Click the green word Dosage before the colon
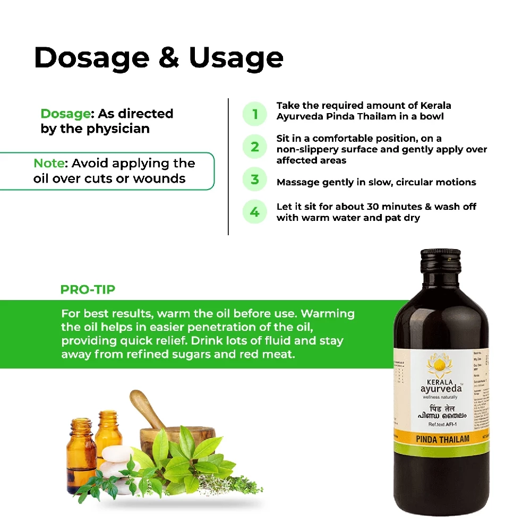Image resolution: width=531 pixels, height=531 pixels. click(x=64, y=114)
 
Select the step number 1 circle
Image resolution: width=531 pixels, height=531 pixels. click(x=255, y=114)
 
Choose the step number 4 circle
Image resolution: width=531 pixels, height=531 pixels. click(x=255, y=212)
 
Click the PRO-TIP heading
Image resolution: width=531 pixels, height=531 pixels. click(x=88, y=290)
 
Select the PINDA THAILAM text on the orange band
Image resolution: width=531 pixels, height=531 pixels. click(x=442, y=439)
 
